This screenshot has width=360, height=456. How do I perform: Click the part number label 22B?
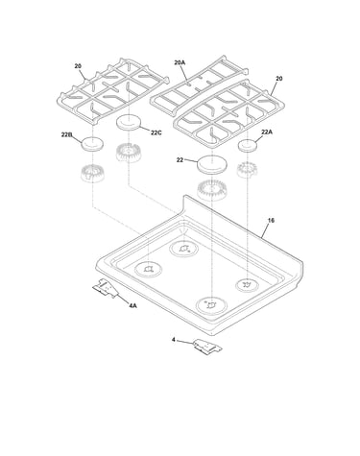point(66,134)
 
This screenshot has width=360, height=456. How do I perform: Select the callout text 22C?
point(156,132)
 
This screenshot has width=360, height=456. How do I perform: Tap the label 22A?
point(267,132)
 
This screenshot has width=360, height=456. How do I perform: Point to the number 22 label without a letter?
point(180,159)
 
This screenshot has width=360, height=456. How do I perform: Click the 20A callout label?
point(180,62)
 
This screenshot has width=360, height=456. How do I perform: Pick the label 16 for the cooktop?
point(271,221)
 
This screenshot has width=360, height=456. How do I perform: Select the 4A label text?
point(132,306)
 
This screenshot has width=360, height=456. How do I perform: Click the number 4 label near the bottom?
point(174,340)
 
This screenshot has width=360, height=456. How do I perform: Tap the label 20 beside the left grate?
point(78,66)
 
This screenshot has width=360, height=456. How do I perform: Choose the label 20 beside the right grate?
point(279,79)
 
